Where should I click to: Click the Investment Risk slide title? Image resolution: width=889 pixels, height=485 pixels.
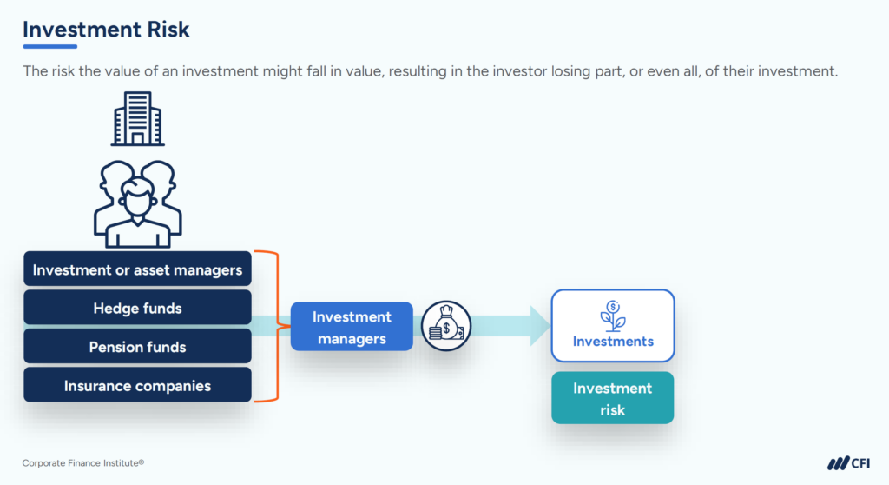click(x=106, y=29)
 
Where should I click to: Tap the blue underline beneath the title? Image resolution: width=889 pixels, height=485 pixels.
click(x=49, y=46)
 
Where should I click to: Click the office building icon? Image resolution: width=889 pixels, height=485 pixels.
click(x=137, y=120)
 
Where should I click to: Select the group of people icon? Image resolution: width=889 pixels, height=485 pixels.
click(x=137, y=203)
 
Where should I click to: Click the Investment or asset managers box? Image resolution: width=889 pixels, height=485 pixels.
click(x=137, y=269)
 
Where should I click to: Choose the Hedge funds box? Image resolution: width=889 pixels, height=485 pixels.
click(x=137, y=309)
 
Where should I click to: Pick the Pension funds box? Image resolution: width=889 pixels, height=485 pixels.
click(x=137, y=347)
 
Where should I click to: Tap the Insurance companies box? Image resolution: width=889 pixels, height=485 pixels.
click(x=137, y=385)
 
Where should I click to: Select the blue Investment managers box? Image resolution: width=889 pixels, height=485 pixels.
click(x=352, y=328)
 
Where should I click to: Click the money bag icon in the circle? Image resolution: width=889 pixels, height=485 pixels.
click(x=445, y=327)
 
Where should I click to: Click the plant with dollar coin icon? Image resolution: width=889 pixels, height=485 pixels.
click(x=613, y=315)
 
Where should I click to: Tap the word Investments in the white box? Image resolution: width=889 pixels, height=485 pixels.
click(x=613, y=342)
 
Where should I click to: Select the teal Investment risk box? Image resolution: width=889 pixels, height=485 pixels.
click(x=613, y=398)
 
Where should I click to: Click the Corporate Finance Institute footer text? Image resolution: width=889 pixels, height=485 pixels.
click(x=83, y=463)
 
